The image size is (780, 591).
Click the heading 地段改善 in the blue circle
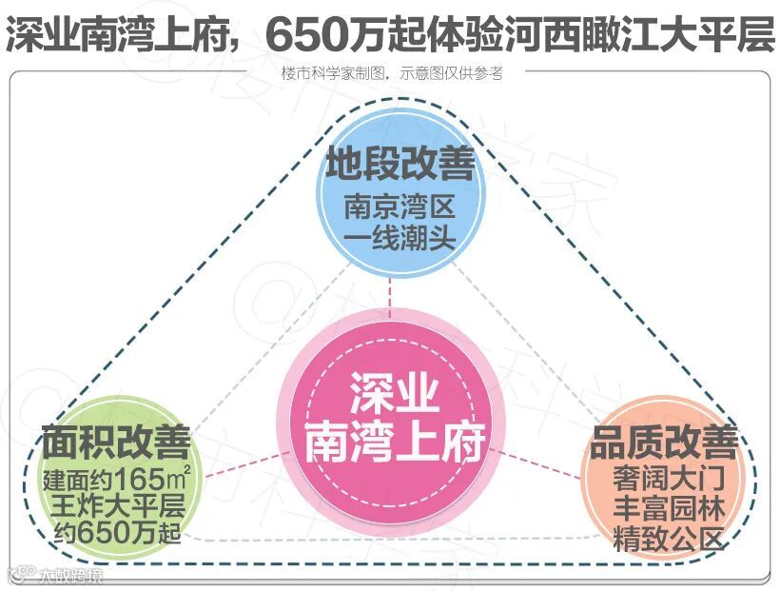click(400, 165)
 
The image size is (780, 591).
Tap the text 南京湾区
click(400, 206)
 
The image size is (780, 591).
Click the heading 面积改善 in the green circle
click(115, 443)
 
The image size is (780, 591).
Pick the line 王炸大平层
click(115, 505)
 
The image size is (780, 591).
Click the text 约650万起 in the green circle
click(115, 534)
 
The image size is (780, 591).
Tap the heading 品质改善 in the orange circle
click(663, 443)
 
